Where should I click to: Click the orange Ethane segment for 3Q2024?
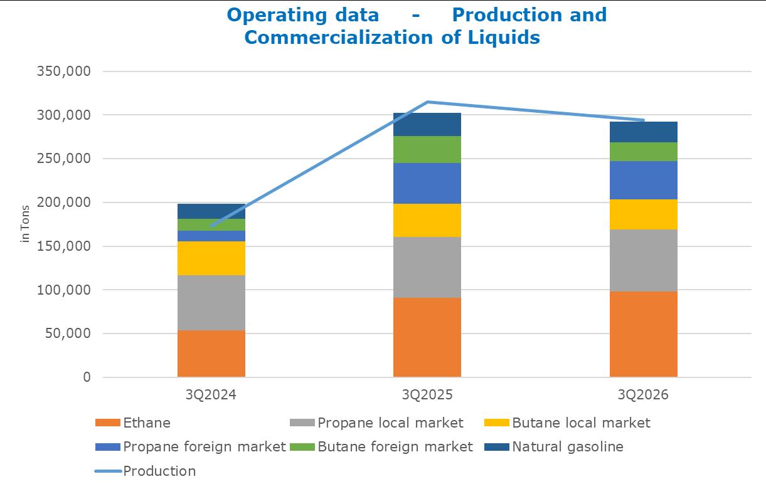tap(211, 354)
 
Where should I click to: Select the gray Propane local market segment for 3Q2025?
tap(427, 267)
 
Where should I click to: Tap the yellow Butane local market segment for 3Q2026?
tap(643, 214)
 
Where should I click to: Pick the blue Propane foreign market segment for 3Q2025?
tap(427, 183)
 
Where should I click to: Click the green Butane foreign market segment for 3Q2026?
tap(643, 152)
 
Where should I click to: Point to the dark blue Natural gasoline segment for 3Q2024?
tap(211, 211)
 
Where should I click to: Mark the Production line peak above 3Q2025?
tap(427, 102)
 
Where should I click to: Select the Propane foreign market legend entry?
tap(190, 446)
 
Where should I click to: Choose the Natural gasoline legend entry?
tap(554, 446)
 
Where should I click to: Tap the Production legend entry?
tap(146, 471)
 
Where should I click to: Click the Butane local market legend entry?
tap(567, 423)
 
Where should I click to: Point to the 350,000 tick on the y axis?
tap(63, 71)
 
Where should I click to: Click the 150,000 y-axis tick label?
tap(63, 246)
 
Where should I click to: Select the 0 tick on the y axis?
tap(87, 377)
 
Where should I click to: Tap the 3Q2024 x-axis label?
tap(211, 395)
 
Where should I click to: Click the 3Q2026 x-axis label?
tap(643, 395)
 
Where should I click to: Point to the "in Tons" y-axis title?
tap(25, 224)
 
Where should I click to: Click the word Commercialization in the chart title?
tap(339, 37)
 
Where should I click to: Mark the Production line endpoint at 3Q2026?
tap(644, 120)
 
